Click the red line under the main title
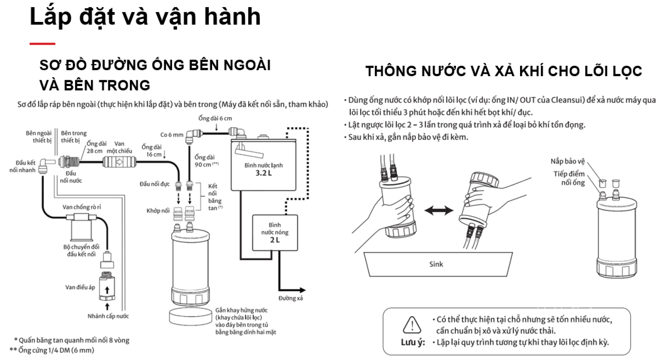coord(42,43)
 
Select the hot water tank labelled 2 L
coord(275,233)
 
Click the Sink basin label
coord(436,264)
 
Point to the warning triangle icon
coord(412,325)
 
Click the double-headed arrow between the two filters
coord(439,211)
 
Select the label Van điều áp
coord(80,287)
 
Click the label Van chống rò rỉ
coord(82,207)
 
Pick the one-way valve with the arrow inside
coord(120,162)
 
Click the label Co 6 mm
coord(172,134)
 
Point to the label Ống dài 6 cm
coord(215,118)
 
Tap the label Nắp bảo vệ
coord(568,161)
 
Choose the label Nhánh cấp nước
coord(108,316)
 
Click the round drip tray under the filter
coord(190,317)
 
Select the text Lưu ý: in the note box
coord(413,342)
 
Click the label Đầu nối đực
coord(154,184)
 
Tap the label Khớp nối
coord(158,211)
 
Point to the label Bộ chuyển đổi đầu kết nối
coord(81,250)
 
